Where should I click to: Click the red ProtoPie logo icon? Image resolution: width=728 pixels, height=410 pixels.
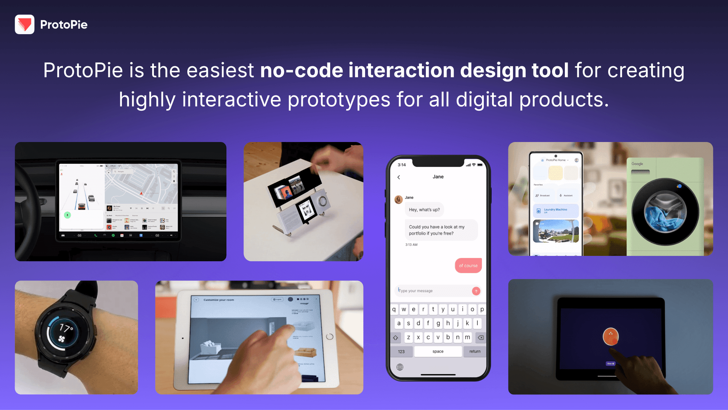click(25, 24)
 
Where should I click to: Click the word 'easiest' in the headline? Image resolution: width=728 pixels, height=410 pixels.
click(220, 70)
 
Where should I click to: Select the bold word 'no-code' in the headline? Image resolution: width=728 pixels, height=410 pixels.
click(301, 70)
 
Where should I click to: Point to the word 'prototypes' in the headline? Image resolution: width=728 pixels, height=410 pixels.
click(339, 99)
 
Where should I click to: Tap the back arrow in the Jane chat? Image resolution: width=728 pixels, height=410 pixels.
click(398, 177)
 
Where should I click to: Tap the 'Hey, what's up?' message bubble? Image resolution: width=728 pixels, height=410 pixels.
click(424, 210)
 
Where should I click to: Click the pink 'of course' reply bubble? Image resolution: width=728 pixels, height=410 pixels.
click(468, 266)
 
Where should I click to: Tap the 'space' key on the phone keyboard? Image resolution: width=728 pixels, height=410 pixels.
click(438, 351)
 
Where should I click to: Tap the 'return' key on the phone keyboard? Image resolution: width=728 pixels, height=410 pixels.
click(475, 351)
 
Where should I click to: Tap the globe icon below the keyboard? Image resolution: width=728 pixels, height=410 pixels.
click(400, 367)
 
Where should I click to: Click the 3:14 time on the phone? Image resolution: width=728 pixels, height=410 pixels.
click(402, 165)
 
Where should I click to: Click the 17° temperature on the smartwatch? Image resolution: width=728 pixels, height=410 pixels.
click(66, 327)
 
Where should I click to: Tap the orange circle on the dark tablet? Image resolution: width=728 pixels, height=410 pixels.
click(611, 336)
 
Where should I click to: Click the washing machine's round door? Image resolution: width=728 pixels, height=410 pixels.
click(665, 212)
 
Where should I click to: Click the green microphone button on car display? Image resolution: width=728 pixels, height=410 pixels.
click(68, 215)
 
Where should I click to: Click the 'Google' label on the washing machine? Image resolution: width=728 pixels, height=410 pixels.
click(637, 164)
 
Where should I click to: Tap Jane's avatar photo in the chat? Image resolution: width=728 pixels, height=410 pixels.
click(398, 199)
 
